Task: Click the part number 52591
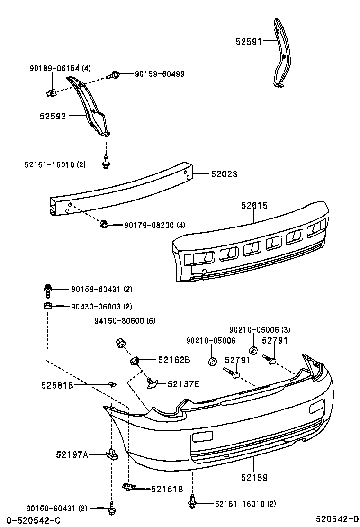[249, 42]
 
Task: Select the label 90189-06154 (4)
[60, 68]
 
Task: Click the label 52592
[52, 116]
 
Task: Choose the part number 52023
[225, 174]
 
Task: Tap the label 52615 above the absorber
[254, 206]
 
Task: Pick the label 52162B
[174, 360]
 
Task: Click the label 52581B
[57, 386]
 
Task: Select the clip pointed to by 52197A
[112, 454]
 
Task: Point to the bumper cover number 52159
[254, 478]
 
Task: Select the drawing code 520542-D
[337, 519]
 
